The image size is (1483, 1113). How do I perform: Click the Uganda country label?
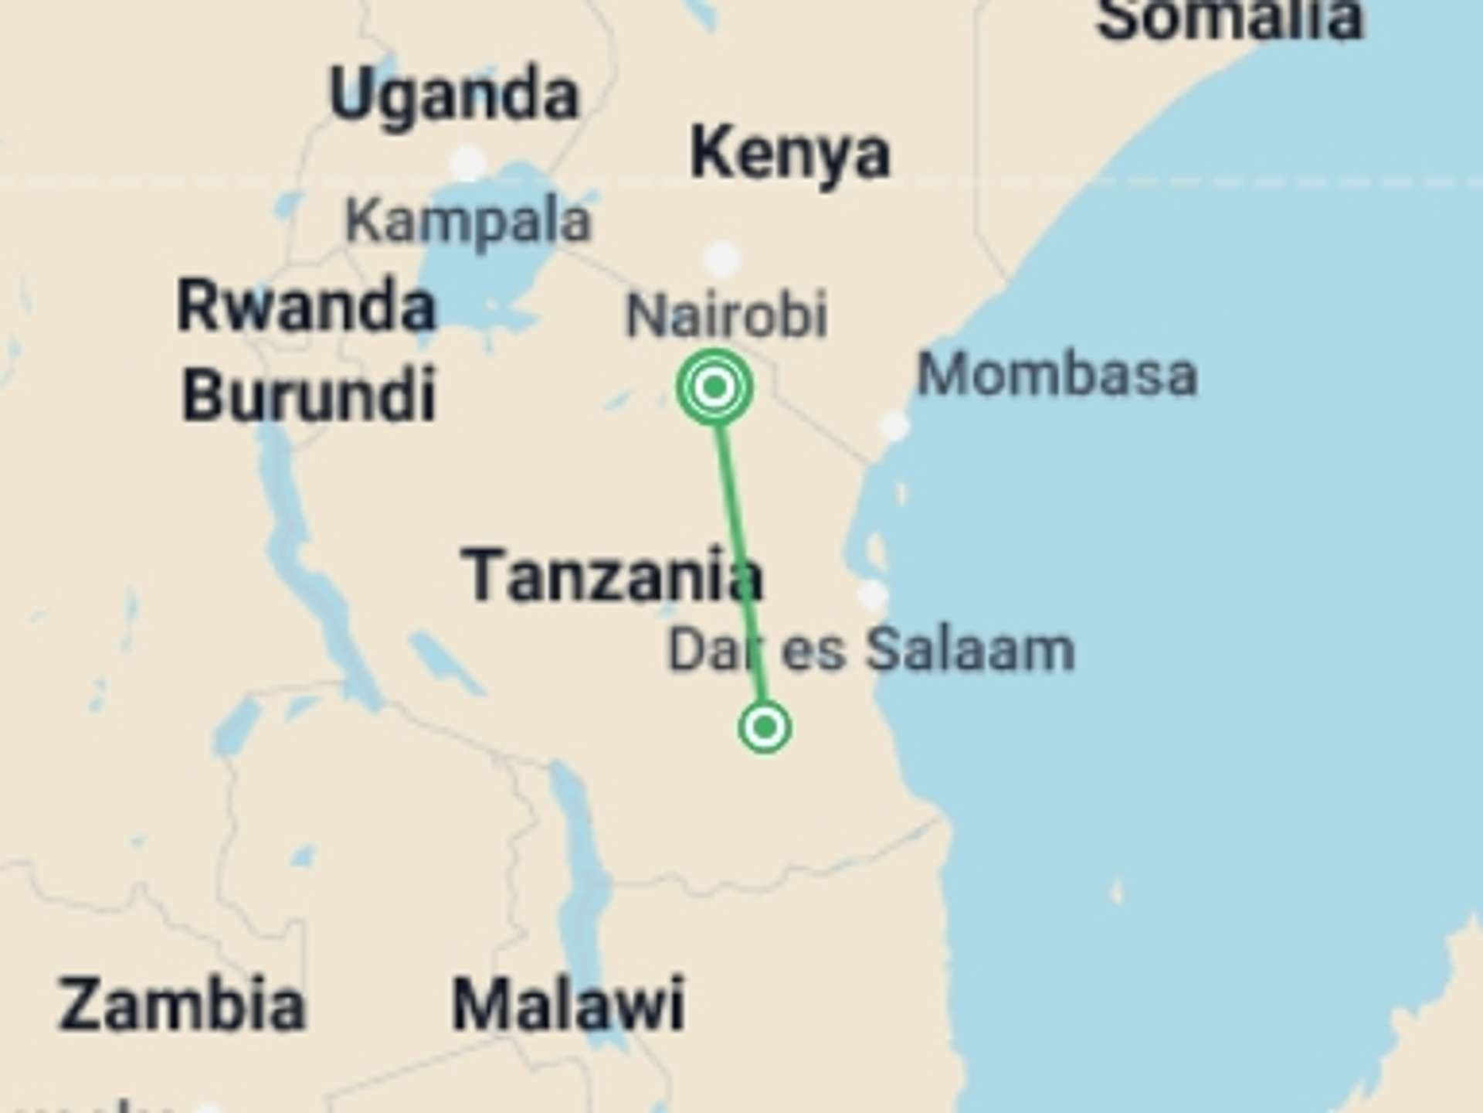(453, 96)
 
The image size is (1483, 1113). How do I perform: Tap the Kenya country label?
(789, 155)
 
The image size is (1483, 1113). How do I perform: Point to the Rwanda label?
(307, 306)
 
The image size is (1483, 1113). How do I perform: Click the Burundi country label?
(308, 395)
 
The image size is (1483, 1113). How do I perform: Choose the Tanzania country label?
(612, 576)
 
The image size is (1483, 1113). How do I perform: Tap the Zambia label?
(182, 1005)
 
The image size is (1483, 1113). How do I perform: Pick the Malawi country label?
(568, 1005)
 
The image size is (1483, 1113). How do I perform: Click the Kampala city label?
(468, 222)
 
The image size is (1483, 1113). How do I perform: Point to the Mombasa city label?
(1057, 376)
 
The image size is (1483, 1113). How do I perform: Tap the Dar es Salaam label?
(870, 650)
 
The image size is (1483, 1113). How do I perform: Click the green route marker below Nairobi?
(714, 386)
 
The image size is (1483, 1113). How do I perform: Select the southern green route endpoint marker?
(765, 727)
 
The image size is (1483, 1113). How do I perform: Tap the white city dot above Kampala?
(467, 162)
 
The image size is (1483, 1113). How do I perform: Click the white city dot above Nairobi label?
(722, 257)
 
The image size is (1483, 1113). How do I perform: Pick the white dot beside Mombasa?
(894, 426)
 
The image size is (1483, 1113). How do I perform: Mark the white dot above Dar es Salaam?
(872, 595)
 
